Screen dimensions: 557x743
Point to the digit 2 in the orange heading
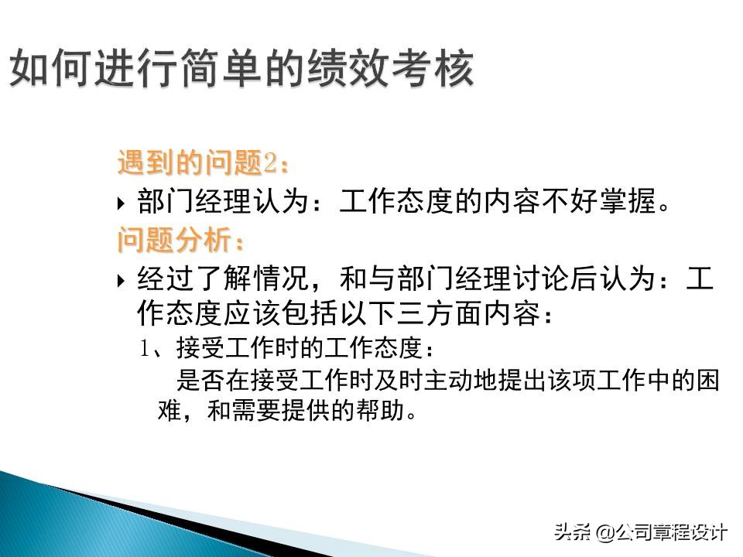[270, 163]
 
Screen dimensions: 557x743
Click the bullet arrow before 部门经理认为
[121, 204]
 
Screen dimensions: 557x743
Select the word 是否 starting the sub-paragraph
[200, 381]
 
